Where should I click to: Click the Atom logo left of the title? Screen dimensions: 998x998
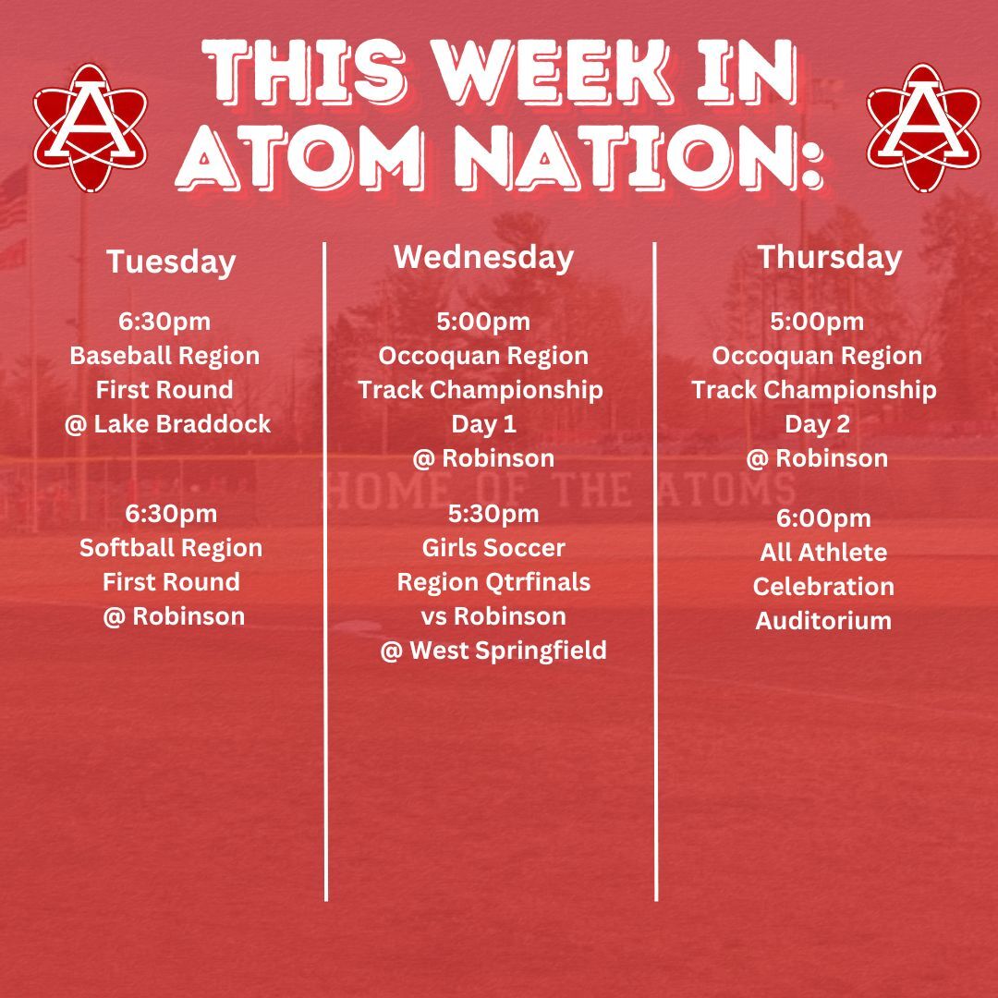click(x=91, y=128)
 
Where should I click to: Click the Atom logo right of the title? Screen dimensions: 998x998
click(x=923, y=128)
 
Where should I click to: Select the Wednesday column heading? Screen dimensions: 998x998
click(x=483, y=258)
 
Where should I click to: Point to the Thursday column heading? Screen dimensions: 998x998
click(x=830, y=258)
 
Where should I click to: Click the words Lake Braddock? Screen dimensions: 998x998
click(x=183, y=424)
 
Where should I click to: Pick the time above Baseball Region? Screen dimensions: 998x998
click(x=164, y=322)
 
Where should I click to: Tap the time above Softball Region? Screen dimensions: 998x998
click(x=171, y=514)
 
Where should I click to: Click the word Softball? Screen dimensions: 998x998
click(x=121, y=548)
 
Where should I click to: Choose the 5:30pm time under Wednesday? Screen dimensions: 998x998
click(x=493, y=514)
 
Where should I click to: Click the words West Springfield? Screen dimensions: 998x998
click(x=508, y=651)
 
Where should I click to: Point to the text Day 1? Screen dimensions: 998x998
click(x=483, y=424)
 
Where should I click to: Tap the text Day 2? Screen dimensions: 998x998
click(x=817, y=424)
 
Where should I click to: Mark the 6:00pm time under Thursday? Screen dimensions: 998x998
click(x=823, y=518)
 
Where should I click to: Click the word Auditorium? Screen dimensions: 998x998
click(x=823, y=621)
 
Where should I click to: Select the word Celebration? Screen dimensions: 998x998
click(x=823, y=587)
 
